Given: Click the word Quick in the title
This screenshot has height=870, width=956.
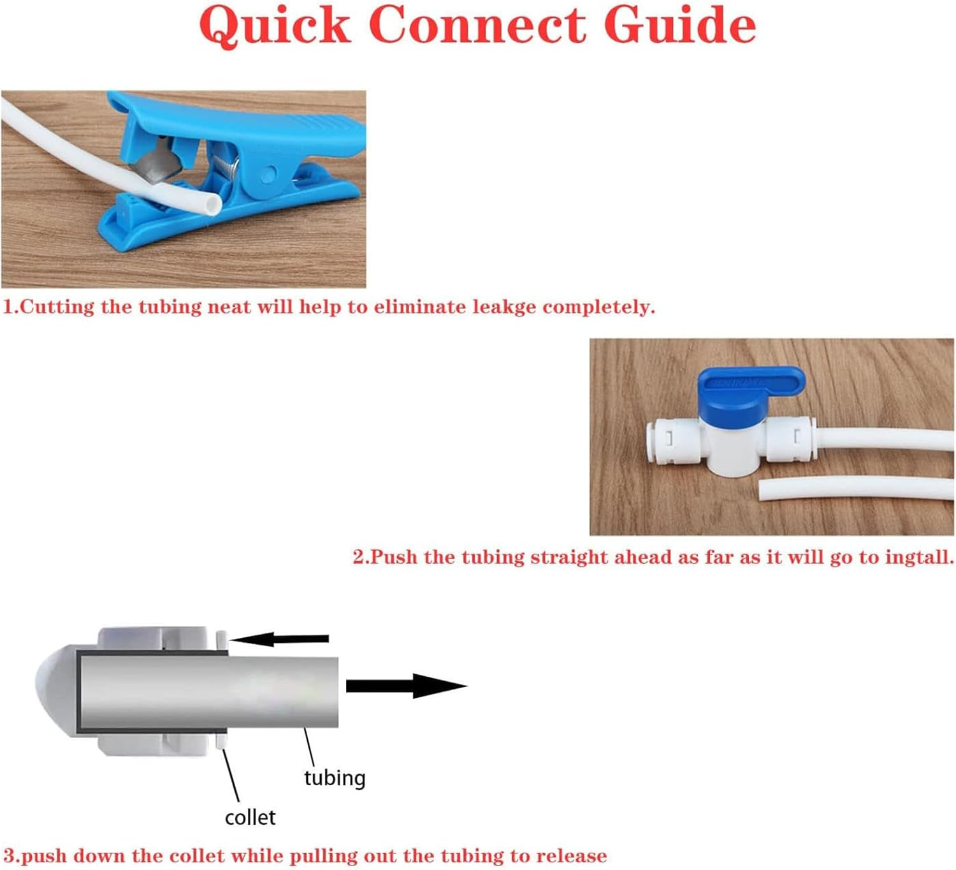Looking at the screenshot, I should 275,26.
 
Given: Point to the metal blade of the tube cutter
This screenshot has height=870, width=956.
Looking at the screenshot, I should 150,163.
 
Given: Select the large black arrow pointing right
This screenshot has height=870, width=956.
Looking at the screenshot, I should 407,686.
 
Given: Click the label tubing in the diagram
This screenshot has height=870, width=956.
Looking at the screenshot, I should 335,778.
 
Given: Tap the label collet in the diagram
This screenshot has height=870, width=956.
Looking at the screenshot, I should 250,818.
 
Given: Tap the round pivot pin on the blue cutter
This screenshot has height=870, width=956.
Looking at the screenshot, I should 270,173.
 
